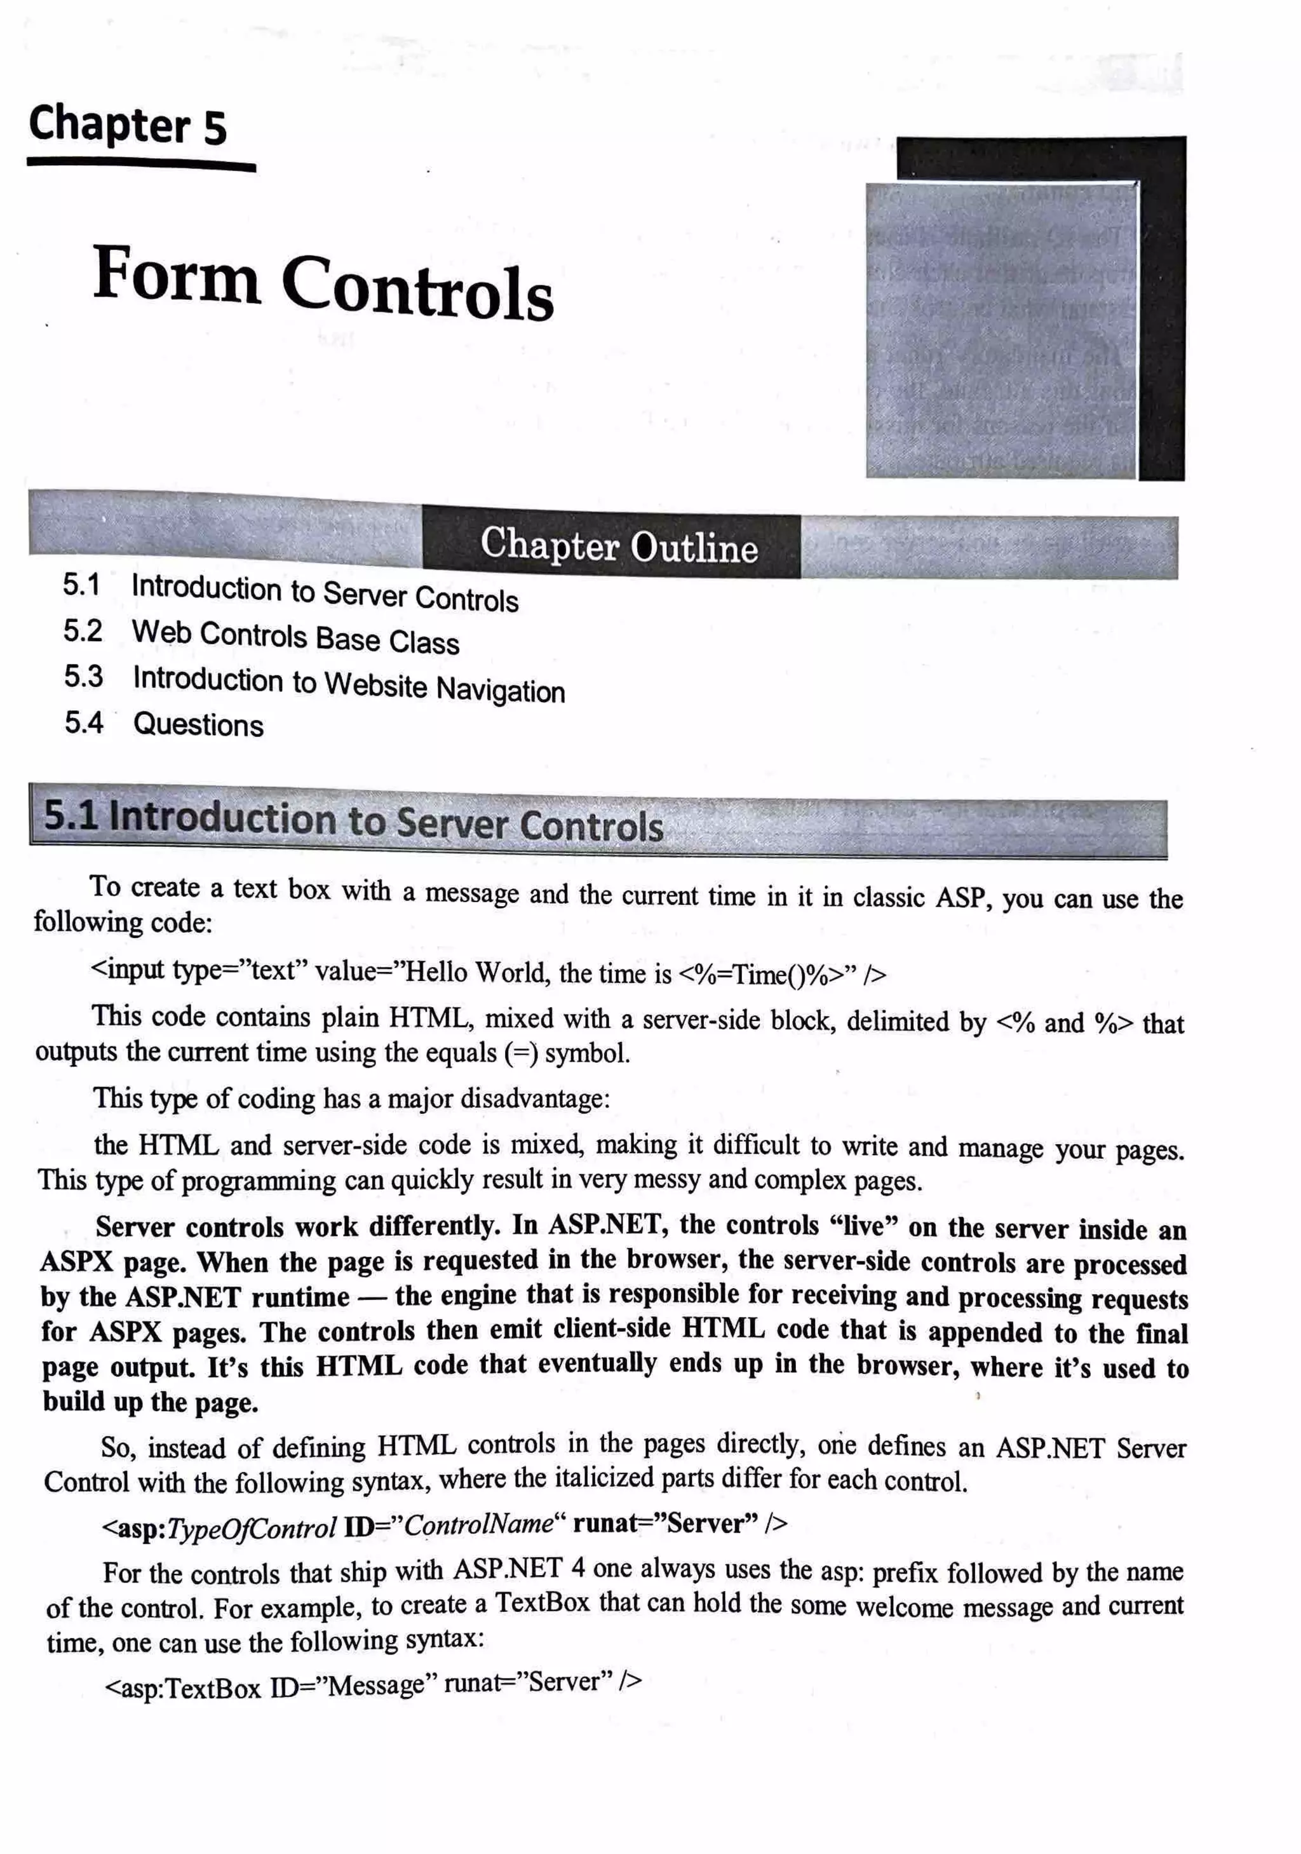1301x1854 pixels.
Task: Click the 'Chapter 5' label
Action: click(128, 125)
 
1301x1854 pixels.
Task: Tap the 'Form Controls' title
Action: click(323, 283)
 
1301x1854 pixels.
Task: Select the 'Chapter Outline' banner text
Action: click(619, 546)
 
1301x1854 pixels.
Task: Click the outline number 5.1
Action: click(81, 584)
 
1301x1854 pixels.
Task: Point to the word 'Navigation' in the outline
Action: click(501, 691)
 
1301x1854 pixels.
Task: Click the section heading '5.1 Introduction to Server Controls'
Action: click(353, 820)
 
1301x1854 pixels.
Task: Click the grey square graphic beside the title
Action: click(1001, 331)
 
